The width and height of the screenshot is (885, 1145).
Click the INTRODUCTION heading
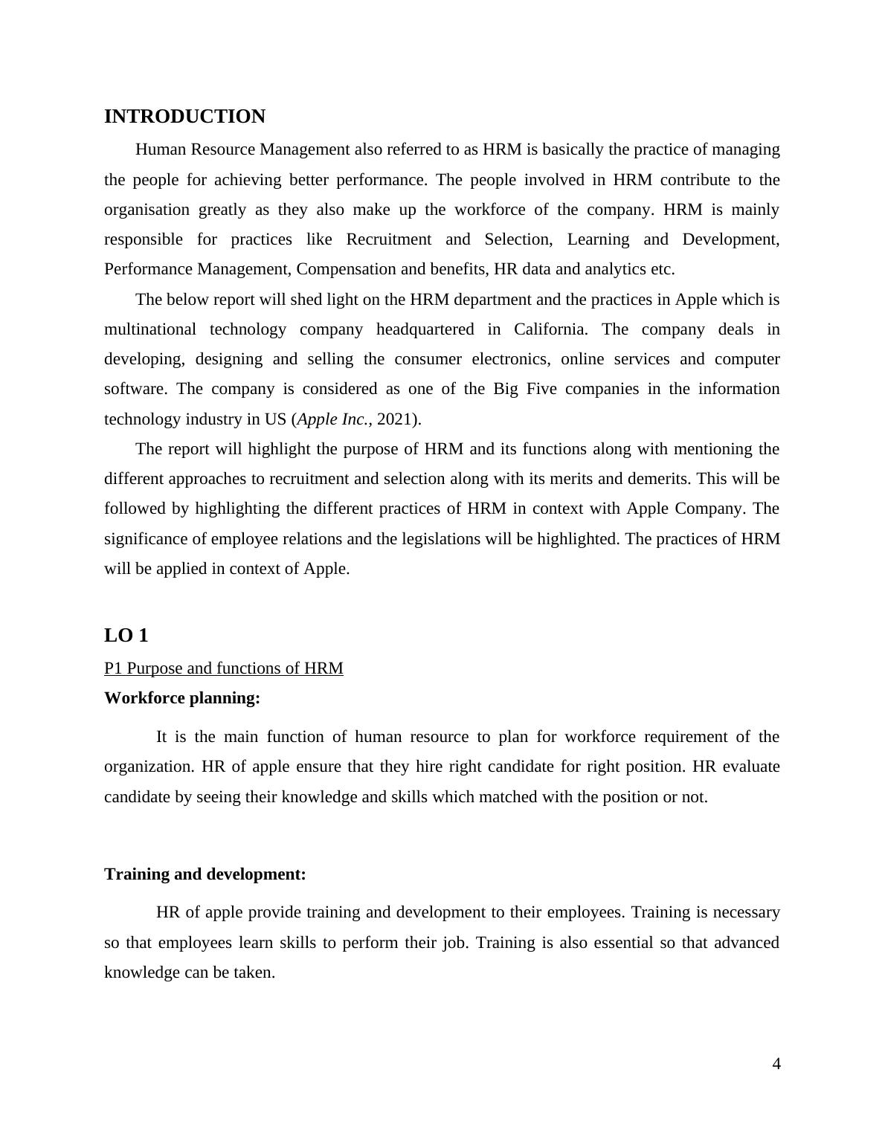point(184,117)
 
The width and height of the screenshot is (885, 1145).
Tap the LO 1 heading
point(126,636)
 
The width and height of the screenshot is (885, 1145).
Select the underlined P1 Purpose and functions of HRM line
point(223,668)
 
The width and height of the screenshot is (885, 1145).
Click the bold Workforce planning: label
point(182,698)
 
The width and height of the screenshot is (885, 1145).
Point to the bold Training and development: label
point(205,874)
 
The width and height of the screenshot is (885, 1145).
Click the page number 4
point(776,1064)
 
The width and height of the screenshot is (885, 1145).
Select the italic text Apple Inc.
point(332,419)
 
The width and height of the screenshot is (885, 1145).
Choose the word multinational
point(149,329)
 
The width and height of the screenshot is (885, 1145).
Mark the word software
point(134,389)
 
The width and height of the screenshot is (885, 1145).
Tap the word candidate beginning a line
point(137,797)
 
